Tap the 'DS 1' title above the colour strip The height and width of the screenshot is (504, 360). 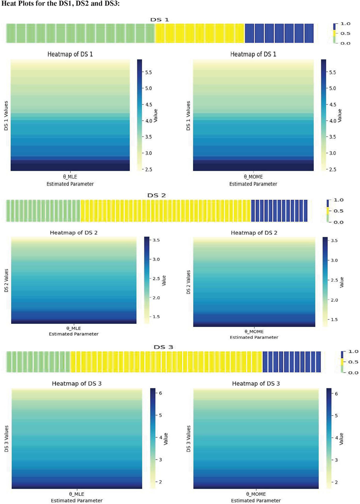pos(159,20)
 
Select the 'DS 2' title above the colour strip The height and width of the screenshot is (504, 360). pos(156,195)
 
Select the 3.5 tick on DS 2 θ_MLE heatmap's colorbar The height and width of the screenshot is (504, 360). pos(154,241)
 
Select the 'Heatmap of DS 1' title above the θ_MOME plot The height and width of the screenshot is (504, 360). pos(253,54)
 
